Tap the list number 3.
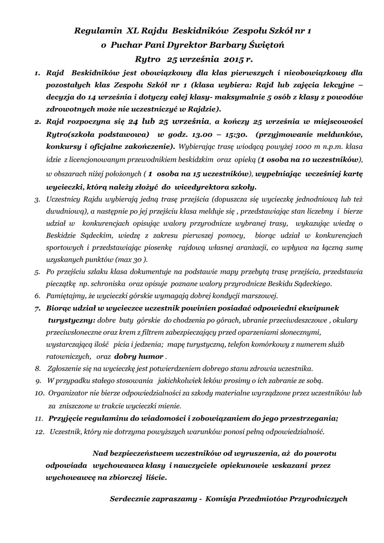[x=37, y=200]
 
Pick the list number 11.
[x=39, y=418]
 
